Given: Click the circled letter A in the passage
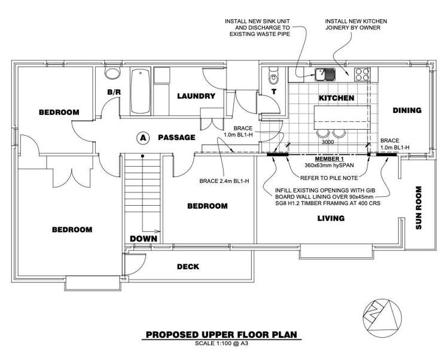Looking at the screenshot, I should (142, 138).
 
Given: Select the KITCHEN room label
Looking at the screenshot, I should (336, 98).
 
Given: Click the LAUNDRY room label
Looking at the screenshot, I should (196, 96).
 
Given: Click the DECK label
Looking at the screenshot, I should (188, 267).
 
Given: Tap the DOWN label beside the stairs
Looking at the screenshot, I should (144, 238).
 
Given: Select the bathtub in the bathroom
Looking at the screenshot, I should (139, 91).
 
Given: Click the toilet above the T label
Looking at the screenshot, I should (273, 76).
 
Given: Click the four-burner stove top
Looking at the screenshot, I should (362, 74).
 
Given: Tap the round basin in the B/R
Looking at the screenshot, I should (111, 73).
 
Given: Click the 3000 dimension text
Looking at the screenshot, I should (328, 144).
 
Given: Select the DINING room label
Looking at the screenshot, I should (407, 110).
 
